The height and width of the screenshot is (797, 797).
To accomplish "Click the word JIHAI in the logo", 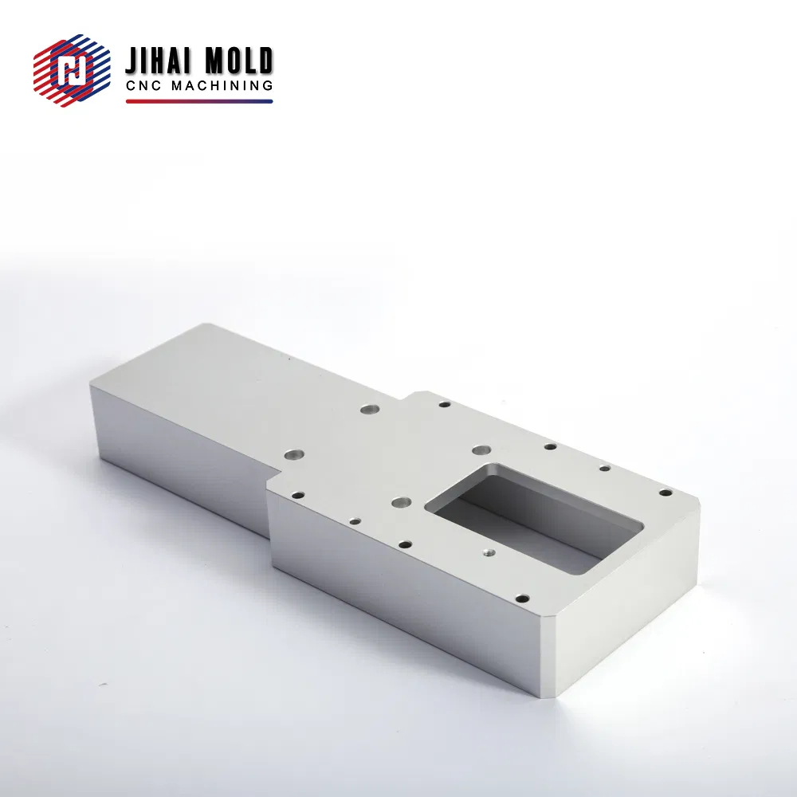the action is pos(158,61).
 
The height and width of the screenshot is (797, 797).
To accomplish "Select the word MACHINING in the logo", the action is pos(222,85).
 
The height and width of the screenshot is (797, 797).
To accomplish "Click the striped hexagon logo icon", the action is pos(72,70).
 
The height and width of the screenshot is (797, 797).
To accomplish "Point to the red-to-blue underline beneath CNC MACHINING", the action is pos(199,101).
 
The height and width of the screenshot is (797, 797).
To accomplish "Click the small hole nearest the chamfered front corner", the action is pos(522,599).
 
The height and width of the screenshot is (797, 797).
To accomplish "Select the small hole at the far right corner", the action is pos(665,493).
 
